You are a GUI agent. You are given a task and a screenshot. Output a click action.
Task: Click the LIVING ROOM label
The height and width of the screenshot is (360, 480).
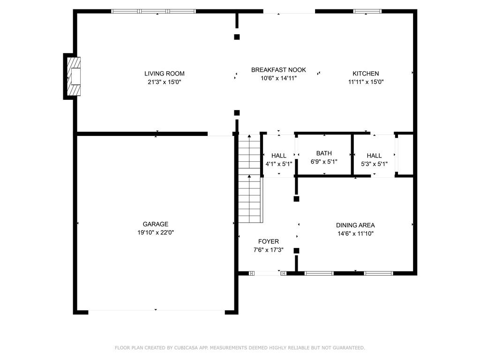point(164,74)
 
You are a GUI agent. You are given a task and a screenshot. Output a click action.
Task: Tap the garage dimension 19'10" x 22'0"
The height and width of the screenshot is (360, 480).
point(156,232)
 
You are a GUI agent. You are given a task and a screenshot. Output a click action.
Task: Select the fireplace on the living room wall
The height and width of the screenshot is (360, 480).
point(73,76)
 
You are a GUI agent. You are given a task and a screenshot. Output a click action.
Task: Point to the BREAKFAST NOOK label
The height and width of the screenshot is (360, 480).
point(278,70)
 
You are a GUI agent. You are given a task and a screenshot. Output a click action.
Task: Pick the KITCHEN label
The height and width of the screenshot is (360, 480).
point(366,74)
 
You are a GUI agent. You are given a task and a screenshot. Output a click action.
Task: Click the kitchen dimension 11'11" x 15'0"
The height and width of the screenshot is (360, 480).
point(366,82)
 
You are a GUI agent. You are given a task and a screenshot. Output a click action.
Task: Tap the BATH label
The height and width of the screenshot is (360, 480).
point(324,153)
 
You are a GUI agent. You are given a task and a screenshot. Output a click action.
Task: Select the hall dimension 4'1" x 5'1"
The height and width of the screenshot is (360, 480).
point(279,164)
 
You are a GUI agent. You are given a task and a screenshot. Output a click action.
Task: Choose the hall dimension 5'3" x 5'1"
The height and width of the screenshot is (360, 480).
point(374,164)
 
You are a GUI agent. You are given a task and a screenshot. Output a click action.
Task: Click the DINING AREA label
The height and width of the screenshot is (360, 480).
point(355,225)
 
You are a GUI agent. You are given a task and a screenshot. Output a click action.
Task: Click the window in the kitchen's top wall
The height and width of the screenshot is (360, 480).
point(367,11)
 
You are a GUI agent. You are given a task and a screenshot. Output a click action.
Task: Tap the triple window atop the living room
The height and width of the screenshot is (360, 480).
point(154,11)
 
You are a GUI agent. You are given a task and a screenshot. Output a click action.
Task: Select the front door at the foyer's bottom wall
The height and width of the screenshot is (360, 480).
point(268,273)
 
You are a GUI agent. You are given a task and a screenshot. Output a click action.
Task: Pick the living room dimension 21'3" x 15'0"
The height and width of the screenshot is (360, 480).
point(164,82)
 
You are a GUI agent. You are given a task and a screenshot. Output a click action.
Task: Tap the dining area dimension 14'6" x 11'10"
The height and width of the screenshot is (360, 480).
point(355,233)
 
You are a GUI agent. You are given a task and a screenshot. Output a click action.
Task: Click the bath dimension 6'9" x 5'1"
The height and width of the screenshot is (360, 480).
point(324,162)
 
